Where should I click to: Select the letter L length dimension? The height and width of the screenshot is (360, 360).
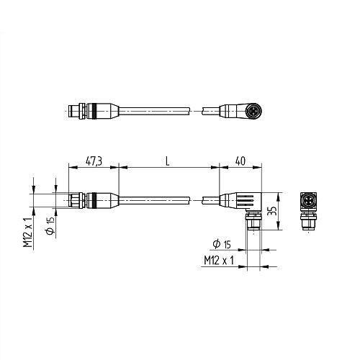click(x=167, y=163)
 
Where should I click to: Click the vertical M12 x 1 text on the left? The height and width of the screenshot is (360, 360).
click(x=27, y=231)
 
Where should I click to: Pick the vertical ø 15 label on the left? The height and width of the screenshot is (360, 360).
click(x=49, y=225)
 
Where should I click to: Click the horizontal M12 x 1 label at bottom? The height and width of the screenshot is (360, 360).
click(x=220, y=260)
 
